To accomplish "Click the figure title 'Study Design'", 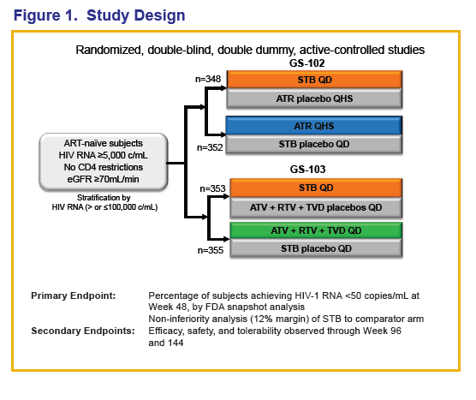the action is click(136, 15).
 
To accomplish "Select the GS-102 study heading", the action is click(306, 63).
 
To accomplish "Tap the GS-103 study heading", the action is click(307, 170).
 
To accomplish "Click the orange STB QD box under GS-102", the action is click(314, 80).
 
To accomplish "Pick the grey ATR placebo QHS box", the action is click(314, 99).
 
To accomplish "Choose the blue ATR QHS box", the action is click(314, 126).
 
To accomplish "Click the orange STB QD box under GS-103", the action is click(316, 188).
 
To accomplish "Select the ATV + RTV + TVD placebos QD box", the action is click(316, 207).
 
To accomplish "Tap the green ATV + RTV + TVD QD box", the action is click(316, 230).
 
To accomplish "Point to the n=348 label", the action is click(208, 79).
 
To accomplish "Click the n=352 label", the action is click(210, 147).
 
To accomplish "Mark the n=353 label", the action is click(212, 188).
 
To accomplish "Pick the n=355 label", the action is click(211, 250).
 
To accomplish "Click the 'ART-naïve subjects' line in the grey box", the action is click(104, 143).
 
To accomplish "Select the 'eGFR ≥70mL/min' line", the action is click(104, 179).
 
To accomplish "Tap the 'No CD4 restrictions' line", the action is click(104, 167).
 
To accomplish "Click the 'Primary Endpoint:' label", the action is click(74, 296).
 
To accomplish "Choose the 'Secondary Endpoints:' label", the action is click(83, 331).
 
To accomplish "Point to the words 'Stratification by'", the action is click(104, 198).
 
